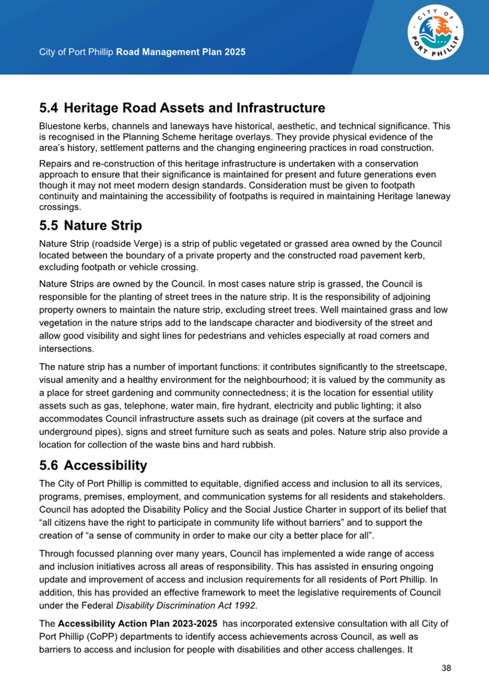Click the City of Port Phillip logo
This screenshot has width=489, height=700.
(x=435, y=33)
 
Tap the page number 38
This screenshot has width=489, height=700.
(x=446, y=668)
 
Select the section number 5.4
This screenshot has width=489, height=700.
(x=49, y=108)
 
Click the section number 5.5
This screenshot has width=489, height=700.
(x=49, y=225)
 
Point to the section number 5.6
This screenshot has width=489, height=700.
(x=49, y=465)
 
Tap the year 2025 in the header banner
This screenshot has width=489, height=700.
(x=235, y=52)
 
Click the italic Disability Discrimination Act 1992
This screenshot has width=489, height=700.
(x=186, y=605)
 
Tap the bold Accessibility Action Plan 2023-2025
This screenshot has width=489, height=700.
(x=138, y=624)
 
